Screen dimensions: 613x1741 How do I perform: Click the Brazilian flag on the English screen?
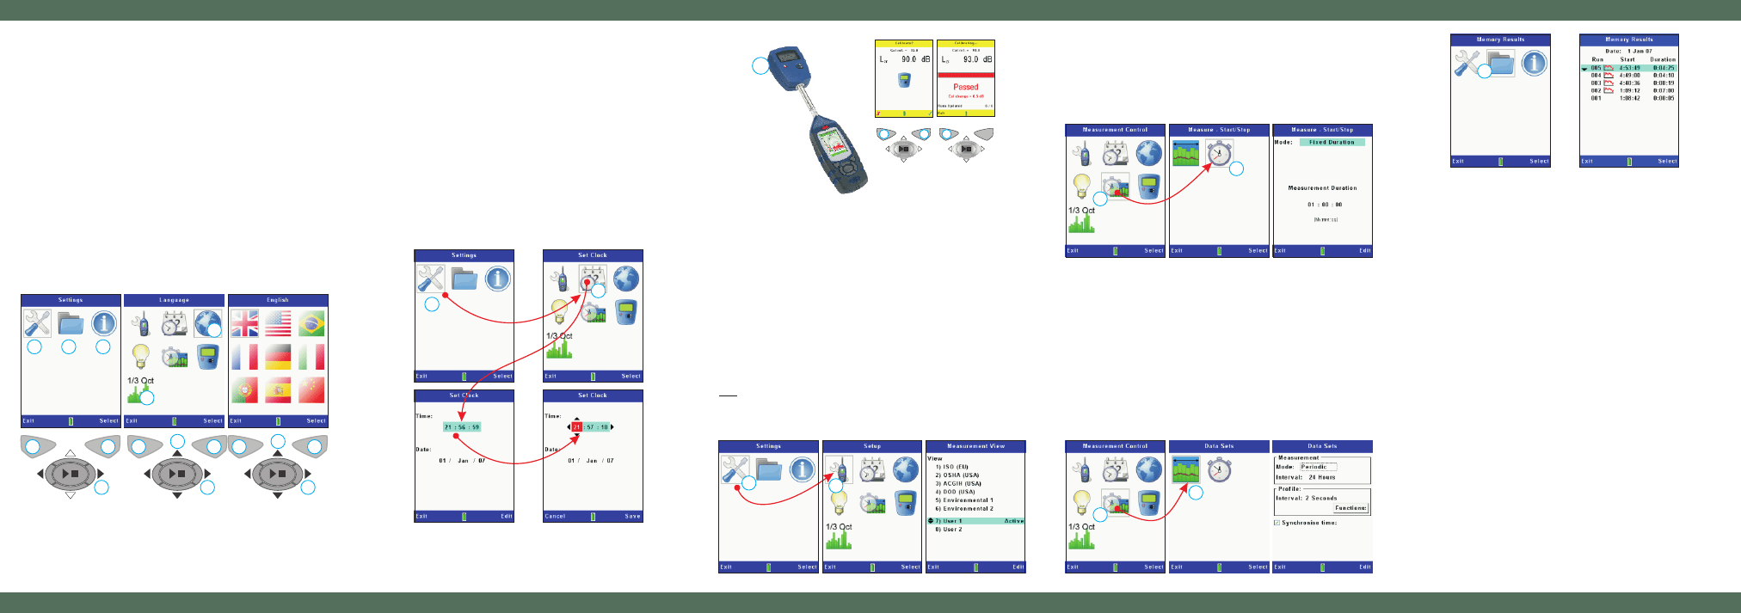coord(311,324)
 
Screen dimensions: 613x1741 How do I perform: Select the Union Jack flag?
coord(244,324)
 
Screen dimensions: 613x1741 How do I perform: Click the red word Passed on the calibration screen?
coord(965,87)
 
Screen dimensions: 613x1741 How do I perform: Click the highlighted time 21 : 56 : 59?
coord(462,427)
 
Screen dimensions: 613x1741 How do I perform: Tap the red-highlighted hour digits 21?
coord(576,427)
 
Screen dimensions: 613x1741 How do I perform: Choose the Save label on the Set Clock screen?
coord(632,517)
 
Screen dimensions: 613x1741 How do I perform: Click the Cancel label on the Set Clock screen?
coord(555,517)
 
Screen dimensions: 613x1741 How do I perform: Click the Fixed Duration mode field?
coord(1331,143)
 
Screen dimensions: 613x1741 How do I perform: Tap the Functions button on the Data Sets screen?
coord(1350,508)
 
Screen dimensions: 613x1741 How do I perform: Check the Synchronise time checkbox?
coord(1277,523)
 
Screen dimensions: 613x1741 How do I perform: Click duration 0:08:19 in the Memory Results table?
coord(1663,83)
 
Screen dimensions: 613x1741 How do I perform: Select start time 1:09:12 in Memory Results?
coord(1629,90)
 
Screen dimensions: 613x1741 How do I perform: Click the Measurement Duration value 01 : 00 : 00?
coord(1325,205)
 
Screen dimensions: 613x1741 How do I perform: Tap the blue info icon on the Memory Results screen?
coord(1534,63)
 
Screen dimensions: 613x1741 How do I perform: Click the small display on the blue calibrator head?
coord(785,58)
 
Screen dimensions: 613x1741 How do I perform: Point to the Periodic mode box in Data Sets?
coord(1318,467)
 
